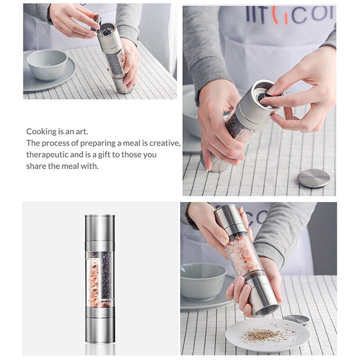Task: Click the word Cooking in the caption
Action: [41, 132]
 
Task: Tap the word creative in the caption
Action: [163, 143]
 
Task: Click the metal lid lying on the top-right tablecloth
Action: [314, 178]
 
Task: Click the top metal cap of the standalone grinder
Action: [99, 232]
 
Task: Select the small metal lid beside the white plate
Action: [296, 319]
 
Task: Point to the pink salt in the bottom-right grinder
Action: [243, 254]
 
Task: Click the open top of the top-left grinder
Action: [107, 31]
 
